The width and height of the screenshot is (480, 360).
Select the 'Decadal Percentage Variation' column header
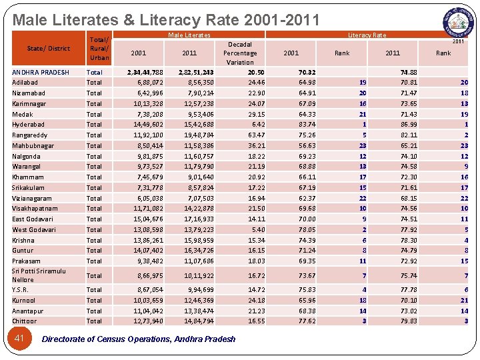click(240, 53)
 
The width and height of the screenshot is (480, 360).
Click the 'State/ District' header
click(48, 48)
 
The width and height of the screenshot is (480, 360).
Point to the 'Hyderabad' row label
click(28, 125)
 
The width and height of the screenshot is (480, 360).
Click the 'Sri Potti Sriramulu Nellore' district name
click(39, 275)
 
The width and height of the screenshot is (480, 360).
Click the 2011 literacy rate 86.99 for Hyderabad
click(409, 125)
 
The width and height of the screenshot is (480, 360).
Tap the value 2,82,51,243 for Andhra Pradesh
click(196, 73)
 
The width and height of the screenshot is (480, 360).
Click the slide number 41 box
click(19, 339)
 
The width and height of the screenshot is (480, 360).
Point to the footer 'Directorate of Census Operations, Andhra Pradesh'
click(139, 339)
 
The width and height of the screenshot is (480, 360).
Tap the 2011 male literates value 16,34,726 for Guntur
click(199, 251)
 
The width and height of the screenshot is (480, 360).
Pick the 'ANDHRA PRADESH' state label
click(41, 73)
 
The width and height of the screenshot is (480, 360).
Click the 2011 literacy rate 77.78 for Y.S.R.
click(409, 290)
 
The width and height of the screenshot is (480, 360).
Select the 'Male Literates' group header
click(189, 35)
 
